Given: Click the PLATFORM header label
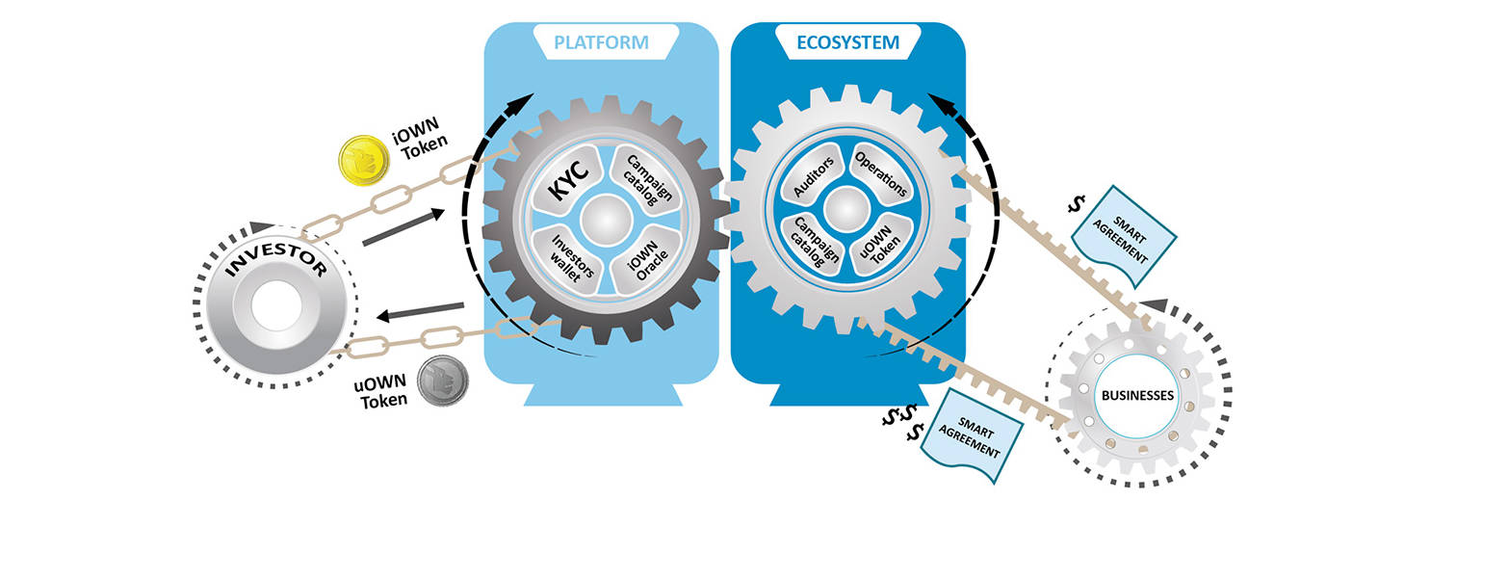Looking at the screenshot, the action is click(x=601, y=42).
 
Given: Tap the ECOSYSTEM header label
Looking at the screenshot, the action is click(x=847, y=42).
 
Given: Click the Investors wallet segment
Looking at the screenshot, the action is click(x=566, y=260).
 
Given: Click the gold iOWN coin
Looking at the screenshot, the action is click(x=364, y=160).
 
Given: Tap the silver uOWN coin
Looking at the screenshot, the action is click(x=442, y=381).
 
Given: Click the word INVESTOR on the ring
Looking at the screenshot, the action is click(x=276, y=259).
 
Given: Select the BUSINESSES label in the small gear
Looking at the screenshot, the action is click(x=1137, y=395).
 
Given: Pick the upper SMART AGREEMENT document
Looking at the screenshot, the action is click(x=1123, y=237).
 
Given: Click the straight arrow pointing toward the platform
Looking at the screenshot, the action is click(x=403, y=227).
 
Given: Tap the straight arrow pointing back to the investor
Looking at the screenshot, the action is click(x=420, y=311).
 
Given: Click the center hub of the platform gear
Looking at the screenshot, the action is click(x=606, y=220).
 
